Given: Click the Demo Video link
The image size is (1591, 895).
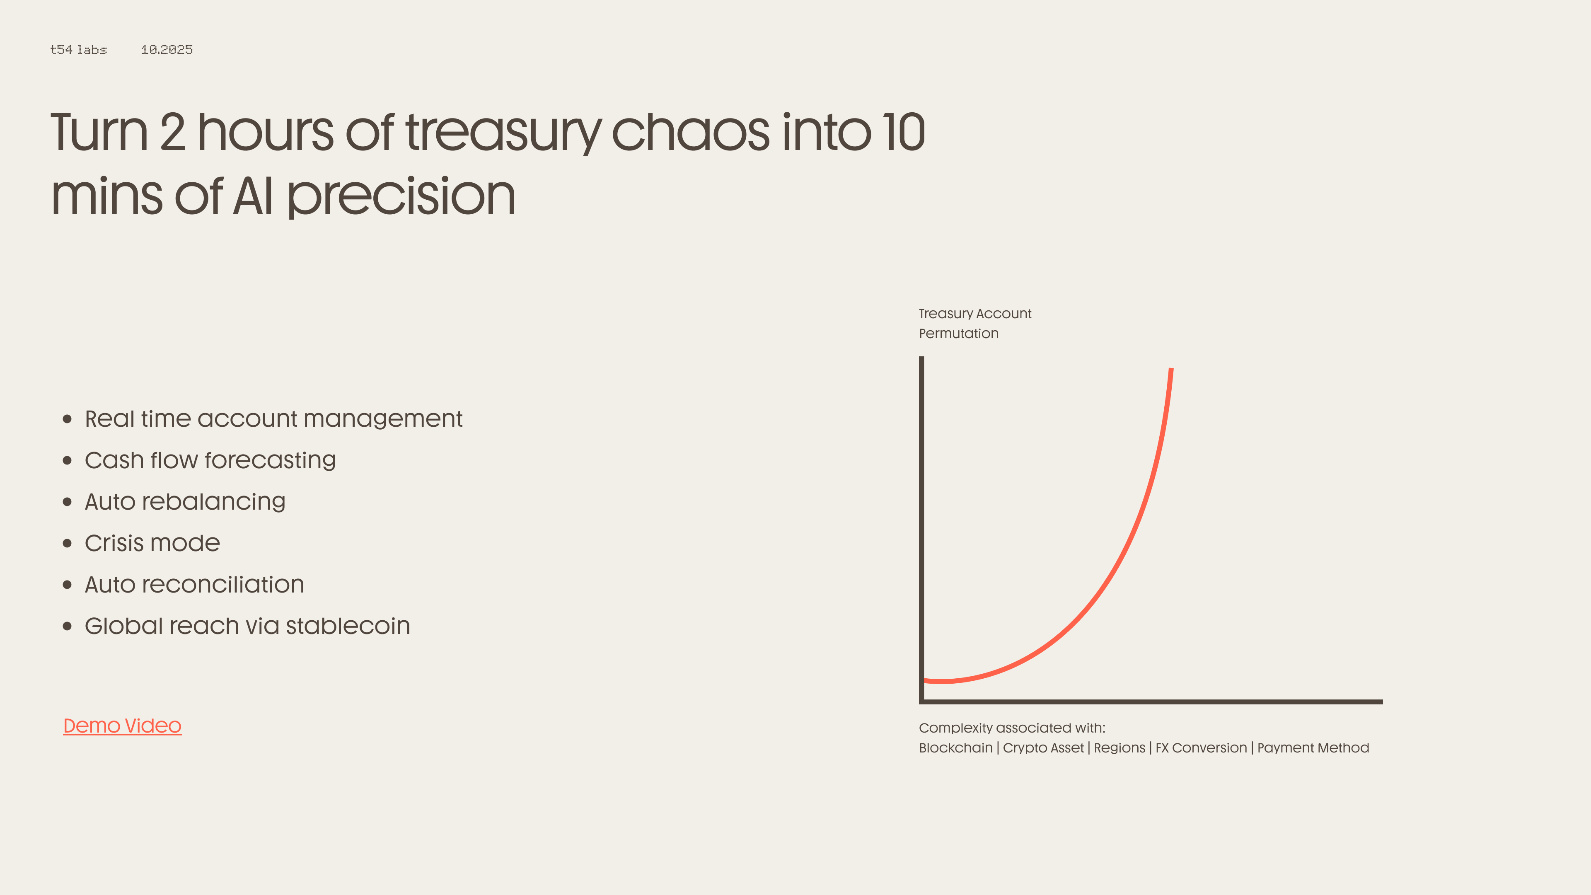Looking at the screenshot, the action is click(122, 726).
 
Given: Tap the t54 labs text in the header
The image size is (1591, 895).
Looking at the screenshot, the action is click(78, 49).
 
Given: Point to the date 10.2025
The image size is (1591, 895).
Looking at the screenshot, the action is click(167, 49).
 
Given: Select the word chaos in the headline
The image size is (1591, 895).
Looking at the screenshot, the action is click(691, 132).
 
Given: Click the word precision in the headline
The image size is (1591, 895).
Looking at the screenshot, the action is click(401, 196).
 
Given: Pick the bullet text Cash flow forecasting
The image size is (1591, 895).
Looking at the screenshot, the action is click(210, 460).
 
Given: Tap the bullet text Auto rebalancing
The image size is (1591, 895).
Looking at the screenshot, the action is click(185, 501).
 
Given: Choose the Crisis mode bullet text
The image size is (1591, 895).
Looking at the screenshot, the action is click(152, 543).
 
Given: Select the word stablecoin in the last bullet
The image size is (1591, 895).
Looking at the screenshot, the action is click(348, 626).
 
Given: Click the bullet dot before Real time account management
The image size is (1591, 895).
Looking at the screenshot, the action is click(67, 419).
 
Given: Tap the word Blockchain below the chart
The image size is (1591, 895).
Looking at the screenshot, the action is click(955, 748).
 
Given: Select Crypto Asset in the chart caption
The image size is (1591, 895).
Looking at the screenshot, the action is click(1043, 748).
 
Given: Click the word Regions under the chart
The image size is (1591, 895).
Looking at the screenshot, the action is click(1119, 748).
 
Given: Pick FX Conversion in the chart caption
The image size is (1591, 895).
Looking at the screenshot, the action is click(1201, 748).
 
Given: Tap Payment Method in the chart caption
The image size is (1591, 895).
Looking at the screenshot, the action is click(1313, 748).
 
